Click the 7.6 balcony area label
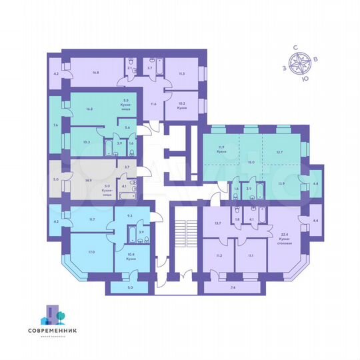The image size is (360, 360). click(x=55, y=124)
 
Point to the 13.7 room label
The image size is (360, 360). click(x=217, y=223)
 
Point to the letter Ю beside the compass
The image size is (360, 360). click(x=305, y=79)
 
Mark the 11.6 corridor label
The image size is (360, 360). click(x=153, y=103)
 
